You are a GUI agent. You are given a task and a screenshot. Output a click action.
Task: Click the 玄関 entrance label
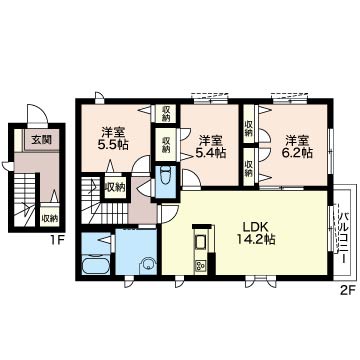42,140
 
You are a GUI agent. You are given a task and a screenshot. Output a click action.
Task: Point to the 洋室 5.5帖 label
114,139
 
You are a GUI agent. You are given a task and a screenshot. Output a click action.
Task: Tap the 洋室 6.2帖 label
297,146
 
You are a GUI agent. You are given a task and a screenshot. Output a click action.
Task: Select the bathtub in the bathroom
96,265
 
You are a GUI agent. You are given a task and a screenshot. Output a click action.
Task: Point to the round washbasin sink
147,265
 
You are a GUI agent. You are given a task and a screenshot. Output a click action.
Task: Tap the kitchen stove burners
201,266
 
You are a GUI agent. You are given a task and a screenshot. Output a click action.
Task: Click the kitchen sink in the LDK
201,242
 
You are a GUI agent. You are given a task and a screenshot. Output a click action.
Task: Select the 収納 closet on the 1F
49,219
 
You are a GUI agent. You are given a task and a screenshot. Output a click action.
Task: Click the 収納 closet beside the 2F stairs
116,187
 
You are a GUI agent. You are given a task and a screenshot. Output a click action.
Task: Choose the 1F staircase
25,199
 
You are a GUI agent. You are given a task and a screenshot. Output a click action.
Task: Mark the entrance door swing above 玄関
37,114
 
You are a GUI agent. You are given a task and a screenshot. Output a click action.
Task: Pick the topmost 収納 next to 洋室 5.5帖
166,113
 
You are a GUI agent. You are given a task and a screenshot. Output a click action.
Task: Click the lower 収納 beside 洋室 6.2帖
249,166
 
